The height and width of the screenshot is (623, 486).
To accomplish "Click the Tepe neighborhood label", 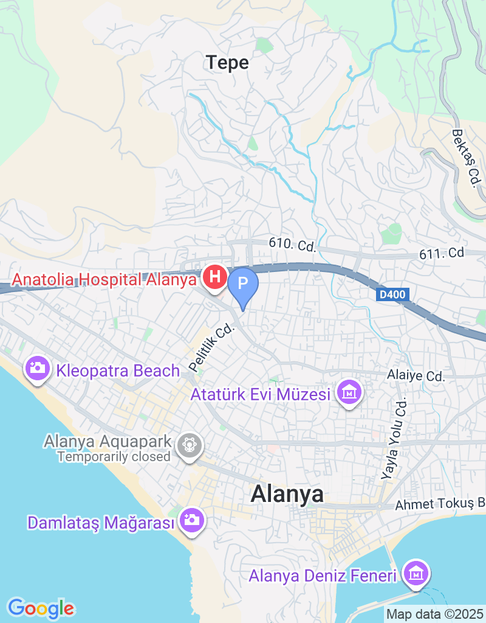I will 227,63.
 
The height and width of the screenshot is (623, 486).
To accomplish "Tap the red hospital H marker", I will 214,278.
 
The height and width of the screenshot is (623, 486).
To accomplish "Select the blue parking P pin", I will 242,284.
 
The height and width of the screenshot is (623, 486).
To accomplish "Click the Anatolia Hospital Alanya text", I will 105,280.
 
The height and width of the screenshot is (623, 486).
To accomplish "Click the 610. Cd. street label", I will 293,246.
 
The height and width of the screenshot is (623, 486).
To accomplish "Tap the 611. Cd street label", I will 442,253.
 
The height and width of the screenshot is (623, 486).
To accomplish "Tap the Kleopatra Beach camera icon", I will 38,368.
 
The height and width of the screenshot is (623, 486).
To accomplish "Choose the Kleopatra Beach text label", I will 118,371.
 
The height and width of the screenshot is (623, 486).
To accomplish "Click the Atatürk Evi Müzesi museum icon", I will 350,393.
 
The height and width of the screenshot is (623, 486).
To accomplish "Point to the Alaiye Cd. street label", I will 416,377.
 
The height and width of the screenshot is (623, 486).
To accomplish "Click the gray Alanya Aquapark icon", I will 190,445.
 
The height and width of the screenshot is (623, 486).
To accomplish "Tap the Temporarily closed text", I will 114,456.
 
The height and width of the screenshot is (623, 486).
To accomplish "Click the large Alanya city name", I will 287,493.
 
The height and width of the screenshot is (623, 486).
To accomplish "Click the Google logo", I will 41,608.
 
